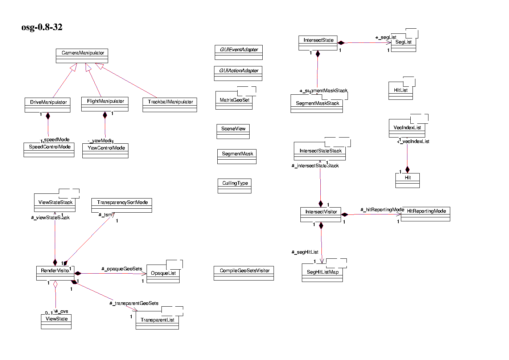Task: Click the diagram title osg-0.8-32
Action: (x=42, y=27)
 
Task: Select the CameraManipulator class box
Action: (x=82, y=56)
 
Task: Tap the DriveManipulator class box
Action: (x=48, y=105)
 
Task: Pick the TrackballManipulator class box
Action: (x=170, y=105)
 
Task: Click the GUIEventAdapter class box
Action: (x=239, y=52)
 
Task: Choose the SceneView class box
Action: (x=233, y=131)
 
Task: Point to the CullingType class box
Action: (x=234, y=186)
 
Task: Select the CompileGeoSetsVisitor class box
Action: (x=244, y=273)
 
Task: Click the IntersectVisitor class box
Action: (x=321, y=214)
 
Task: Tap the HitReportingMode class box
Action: (x=426, y=214)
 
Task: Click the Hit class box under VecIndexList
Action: (x=407, y=180)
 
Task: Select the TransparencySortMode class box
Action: (x=122, y=205)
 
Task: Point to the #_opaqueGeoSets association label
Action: (x=122, y=269)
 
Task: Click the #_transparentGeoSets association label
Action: (x=134, y=303)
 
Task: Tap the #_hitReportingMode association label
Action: (x=382, y=209)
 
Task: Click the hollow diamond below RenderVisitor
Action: (x=55, y=284)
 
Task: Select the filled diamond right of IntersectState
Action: (x=341, y=43)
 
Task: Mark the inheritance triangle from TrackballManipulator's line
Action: (x=99, y=66)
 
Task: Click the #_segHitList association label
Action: (x=305, y=252)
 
